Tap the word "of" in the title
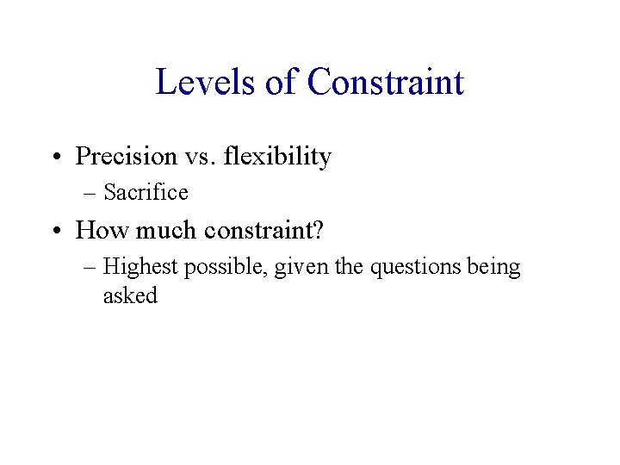pos(277,83)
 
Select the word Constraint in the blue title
pos(385,83)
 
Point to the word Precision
pos(126,157)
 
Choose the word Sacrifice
pos(146,193)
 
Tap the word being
pos(494,268)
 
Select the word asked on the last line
pos(130,295)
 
